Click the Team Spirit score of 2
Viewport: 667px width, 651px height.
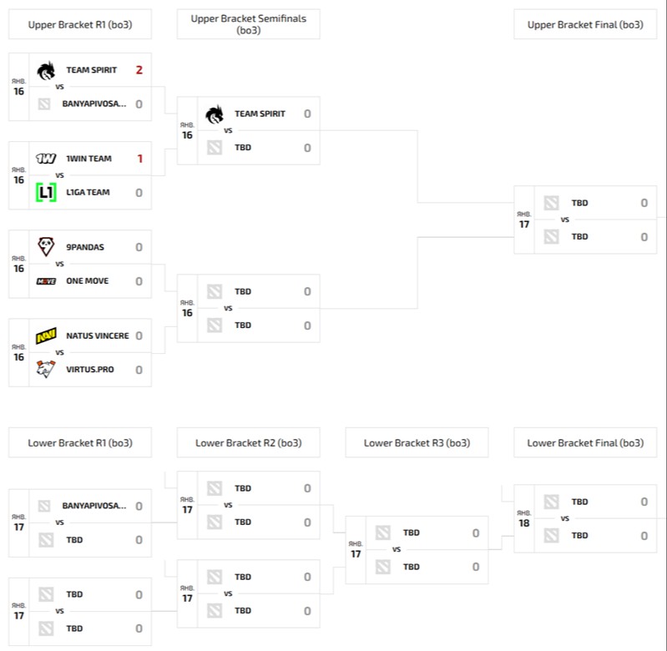[x=139, y=70]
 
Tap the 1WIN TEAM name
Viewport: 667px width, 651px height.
[x=88, y=159]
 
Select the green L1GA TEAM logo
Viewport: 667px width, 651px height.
[x=46, y=193]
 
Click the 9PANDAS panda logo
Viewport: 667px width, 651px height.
[x=46, y=247]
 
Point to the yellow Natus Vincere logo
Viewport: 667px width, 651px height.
[x=46, y=336]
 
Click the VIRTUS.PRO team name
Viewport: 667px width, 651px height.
[x=89, y=370]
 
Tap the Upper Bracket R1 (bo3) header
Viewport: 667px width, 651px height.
[x=80, y=25]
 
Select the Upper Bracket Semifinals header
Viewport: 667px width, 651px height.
[x=248, y=24]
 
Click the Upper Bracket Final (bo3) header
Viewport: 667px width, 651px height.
[x=585, y=25]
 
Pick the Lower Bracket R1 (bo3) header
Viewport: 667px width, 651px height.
[x=80, y=443]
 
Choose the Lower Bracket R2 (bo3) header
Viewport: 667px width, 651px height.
[x=248, y=443]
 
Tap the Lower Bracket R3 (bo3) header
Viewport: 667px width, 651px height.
[x=417, y=443]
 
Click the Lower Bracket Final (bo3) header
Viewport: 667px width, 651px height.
[x=585, y=443]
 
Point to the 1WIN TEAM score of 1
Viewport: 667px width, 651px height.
[x=139, y=159]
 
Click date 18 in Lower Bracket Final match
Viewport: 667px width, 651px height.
[x=523, y=523]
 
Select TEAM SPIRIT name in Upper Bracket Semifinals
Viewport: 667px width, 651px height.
[x=260, y=114]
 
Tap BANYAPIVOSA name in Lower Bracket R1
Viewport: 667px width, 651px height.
[x=94, y=506]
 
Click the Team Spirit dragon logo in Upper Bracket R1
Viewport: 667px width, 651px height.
[x=46, y=70]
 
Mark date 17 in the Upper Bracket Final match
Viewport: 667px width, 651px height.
[x=523, y=225]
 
